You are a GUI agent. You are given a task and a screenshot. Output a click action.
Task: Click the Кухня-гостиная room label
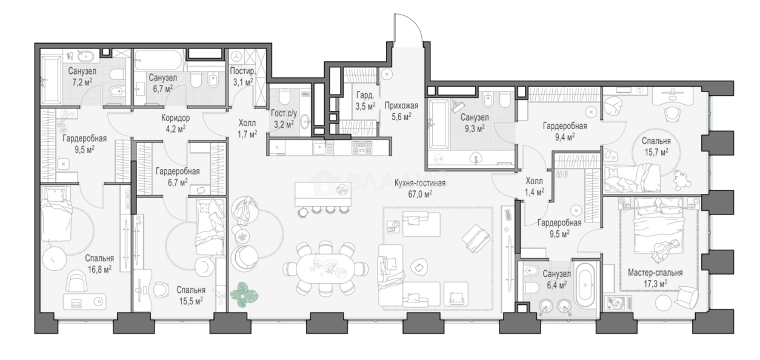tap(419, 184)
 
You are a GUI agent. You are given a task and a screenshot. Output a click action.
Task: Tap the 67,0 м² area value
tap(419, 194)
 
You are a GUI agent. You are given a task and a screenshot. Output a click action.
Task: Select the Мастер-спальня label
tap(655, 273)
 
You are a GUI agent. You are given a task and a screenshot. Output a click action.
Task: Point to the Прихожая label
tap(401, 105)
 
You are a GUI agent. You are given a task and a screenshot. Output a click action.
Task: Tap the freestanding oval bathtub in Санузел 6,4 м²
tap(585, 284)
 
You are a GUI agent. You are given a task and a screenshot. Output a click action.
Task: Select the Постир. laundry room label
tap(242, 72)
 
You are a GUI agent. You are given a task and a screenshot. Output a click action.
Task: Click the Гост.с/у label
tap(284, 113)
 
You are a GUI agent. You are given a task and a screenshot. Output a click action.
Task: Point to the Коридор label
tap(175, 118)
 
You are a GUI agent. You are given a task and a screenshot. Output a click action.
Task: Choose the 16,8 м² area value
tap(99, 270)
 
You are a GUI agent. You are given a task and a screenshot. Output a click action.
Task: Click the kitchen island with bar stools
tap(322, 199)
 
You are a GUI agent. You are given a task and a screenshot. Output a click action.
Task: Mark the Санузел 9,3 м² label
tap(475, 123)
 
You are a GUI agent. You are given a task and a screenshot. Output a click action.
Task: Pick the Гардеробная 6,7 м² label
tap(178, 177)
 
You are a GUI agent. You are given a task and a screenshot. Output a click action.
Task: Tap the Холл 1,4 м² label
tap(535, 187)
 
